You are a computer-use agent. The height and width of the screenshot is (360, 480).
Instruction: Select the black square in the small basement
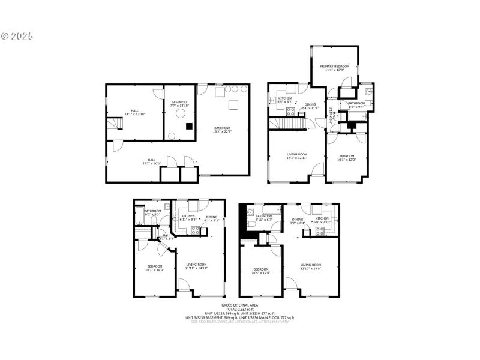(x=190, y=126)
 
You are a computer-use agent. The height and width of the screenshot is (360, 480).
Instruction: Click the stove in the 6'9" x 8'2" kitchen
(x=290, y=110)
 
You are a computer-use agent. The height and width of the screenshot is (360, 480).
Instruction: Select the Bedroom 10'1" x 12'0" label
(x=346, y=158)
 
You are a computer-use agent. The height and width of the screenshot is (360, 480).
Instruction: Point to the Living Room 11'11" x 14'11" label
(x=196, y=266)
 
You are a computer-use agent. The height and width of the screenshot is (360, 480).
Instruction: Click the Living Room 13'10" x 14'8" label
(x=311, y=266)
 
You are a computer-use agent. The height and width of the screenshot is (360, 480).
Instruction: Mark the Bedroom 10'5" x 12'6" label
(x=262, y=271)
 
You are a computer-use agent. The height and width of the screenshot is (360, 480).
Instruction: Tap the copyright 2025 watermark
(x=17, y=36)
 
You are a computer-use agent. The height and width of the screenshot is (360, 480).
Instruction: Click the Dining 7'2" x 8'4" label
(x=298, y=221)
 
